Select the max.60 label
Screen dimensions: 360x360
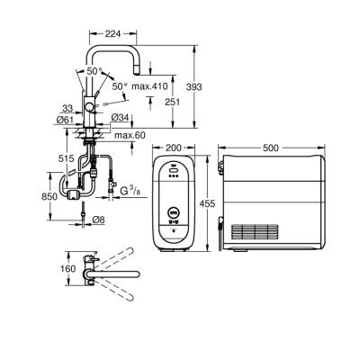tap(130, 135)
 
